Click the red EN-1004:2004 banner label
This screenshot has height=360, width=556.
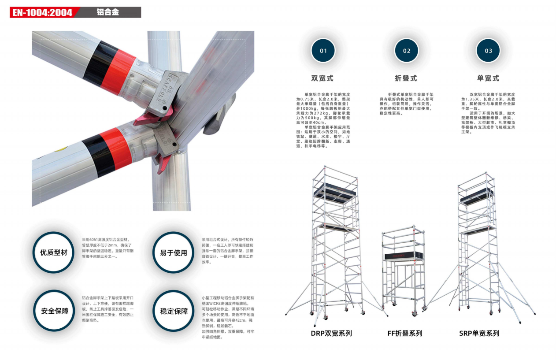tap(43, 12)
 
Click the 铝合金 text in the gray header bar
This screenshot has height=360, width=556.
tap(108, 12)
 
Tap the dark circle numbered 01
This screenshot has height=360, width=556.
tap(323, 50)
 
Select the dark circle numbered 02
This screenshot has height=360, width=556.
tap(406, 50)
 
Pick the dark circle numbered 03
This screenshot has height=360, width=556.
tap(488, 50)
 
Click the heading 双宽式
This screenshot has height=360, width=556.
tap(322, 78)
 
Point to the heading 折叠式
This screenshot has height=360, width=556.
tap(406, 78)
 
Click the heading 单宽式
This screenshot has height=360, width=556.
tap(488, 78)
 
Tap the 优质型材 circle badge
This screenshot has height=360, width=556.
tap(54, 252)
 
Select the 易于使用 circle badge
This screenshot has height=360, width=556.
tap(173, 252)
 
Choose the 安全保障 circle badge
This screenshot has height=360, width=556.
tap(54, 311)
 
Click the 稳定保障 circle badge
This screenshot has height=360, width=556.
tap(174, 311)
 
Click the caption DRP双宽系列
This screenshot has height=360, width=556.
tap(331, 333)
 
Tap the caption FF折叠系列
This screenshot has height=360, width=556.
tap(405, 333)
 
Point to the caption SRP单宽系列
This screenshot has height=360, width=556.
tap(479, 333)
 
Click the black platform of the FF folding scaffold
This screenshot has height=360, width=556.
tap(404, 256)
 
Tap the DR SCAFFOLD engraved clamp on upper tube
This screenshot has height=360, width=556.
tap(167, 93)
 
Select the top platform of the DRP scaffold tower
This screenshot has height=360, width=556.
tap(335, 193)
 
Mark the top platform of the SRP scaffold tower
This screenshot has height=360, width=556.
tap(477, 197)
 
